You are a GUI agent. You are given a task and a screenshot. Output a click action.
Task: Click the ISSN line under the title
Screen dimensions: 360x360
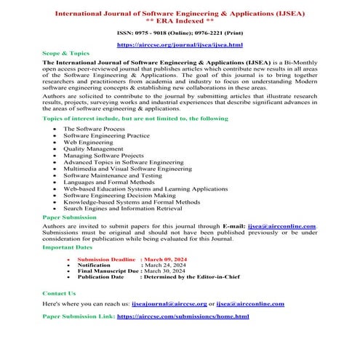tap(180, 33)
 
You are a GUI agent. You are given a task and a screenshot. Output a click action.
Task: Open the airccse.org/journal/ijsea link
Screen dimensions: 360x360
tap(180, 45)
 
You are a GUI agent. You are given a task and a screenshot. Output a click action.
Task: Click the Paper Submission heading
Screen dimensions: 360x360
tap(69, 217)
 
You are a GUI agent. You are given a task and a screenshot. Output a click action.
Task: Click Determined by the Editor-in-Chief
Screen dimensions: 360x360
tap(193, 277)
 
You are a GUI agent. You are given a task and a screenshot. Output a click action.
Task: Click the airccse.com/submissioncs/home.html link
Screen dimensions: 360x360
tap(183, 316)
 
